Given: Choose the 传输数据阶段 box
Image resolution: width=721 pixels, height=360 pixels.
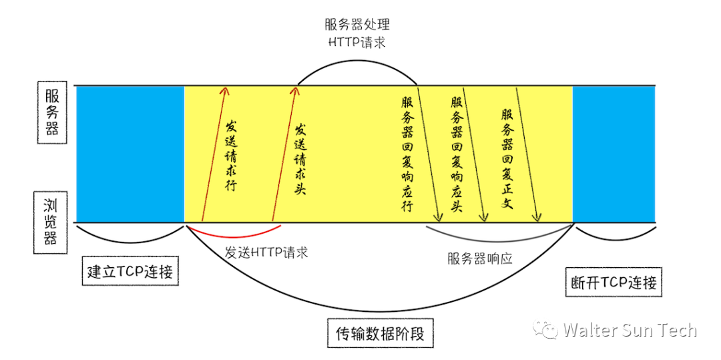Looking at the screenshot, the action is coord(380,332).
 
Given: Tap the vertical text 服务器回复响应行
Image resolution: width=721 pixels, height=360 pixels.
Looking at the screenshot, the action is coord(407,154).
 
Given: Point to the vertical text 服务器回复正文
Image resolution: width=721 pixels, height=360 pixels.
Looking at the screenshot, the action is coord(507,158).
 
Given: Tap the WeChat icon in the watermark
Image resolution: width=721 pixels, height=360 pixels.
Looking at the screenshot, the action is coord(549,330).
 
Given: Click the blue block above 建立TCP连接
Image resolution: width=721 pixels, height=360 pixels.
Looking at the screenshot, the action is coord(130,154).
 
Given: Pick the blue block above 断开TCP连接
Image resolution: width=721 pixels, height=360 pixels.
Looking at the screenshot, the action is coord(614,154).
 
